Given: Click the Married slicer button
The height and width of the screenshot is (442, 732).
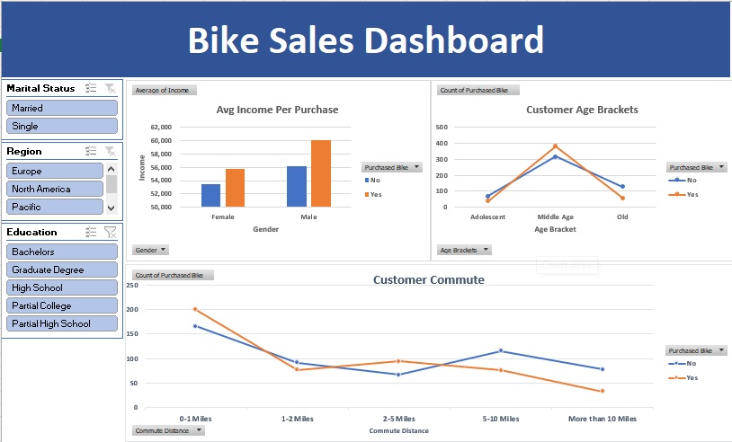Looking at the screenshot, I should tap(61, 108).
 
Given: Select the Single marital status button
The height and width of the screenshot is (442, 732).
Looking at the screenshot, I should tap(61, 127).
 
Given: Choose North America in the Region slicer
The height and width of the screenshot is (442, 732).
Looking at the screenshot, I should tap(55, 189).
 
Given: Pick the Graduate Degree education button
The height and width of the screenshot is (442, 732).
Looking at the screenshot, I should tap(61, 270).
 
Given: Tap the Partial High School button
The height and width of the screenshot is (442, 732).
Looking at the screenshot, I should tap(61, 323).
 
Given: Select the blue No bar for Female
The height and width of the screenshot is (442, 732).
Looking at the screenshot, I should tap(210, 195).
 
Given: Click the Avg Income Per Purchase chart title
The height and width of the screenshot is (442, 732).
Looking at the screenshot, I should tap(277, 110).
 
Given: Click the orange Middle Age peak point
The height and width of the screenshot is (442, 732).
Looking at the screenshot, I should tap(555, 146).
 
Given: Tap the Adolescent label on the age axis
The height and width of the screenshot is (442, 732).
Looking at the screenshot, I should tap(487, 217).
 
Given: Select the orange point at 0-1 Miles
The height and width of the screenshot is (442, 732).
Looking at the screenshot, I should tap(195, 309).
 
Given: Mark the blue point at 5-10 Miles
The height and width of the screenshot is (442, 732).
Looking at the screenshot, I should tap(500, 350).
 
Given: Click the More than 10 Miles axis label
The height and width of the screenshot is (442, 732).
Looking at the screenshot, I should tap(602, 419).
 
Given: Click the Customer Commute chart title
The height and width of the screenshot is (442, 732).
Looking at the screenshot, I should tap(428, 279).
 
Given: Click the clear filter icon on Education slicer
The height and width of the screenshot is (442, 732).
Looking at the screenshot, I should tap(110, 232).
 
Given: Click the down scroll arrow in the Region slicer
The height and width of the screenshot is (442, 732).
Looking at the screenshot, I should tap(112, 208).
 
